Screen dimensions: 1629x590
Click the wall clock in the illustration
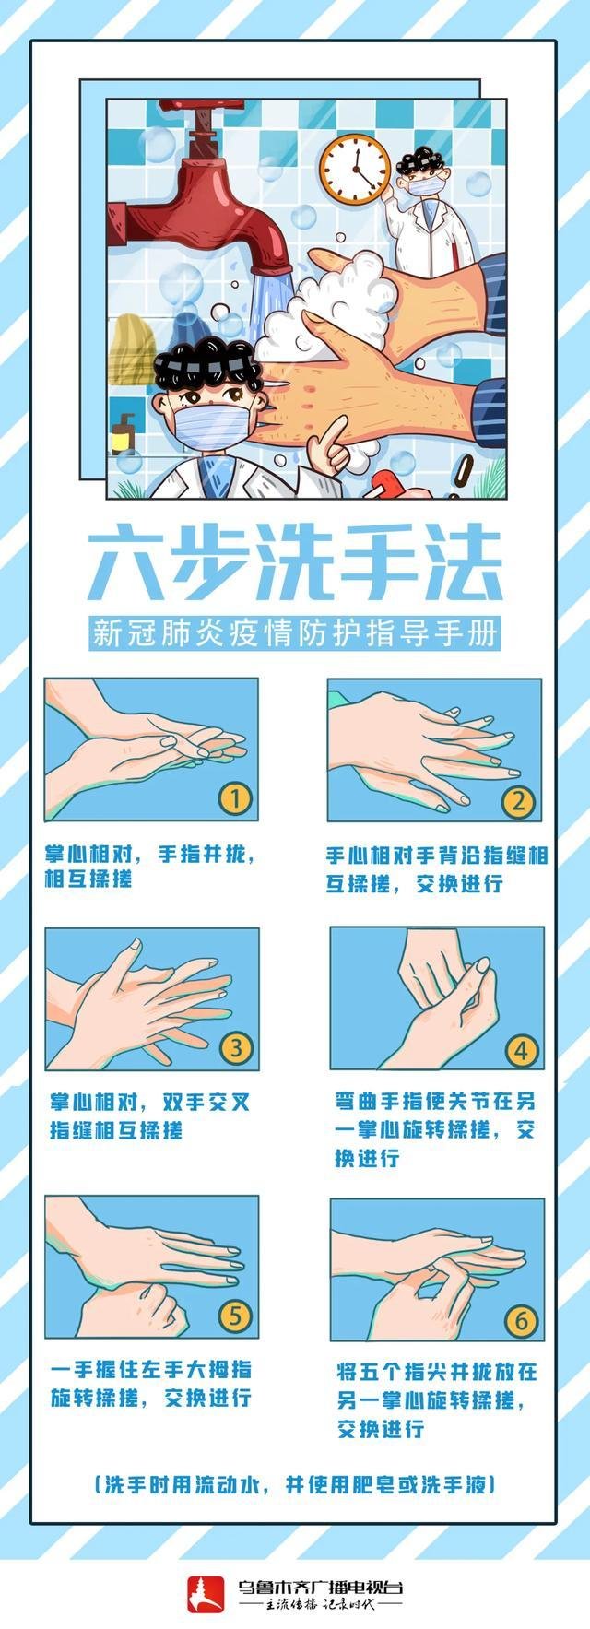[x=355, y=169]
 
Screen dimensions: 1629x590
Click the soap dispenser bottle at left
[x=123, y=432]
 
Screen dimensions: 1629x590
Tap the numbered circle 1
[x=235, y=797]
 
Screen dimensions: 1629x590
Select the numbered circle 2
[x=518, y=800]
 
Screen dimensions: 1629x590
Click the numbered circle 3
[x=236, y=1047]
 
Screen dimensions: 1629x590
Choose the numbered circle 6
[x=521, y=1321]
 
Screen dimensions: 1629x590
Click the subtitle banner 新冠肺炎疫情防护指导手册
[x=295, y=633]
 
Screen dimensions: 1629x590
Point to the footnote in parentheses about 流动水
[x=295, y=1484]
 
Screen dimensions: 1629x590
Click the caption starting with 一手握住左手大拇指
[x=151, y=1383]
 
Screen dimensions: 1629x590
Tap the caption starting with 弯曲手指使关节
[x=434, y=1128]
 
